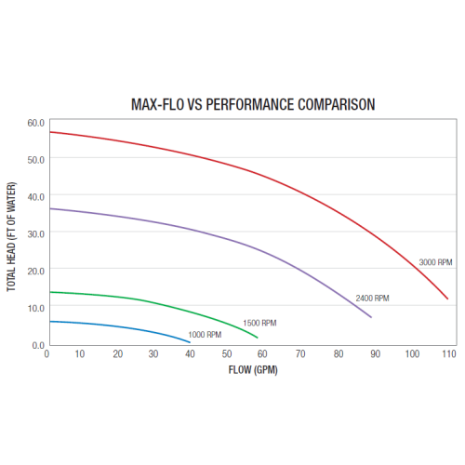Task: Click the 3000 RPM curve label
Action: (434, 261)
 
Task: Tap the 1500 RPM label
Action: (259, 323)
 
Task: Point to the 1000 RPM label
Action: (205, 335)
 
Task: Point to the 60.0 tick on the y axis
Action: (35, 122)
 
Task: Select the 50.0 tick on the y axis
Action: (35, 159)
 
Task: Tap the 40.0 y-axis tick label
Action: (35, 196)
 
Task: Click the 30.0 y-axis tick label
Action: (35, 233)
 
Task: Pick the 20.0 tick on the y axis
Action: (35, 271)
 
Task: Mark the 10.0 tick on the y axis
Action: (35, 308)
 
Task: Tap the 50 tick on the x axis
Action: (228, 354)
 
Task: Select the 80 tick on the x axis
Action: (337, 354)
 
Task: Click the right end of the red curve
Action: (447, 299)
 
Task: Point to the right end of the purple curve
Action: (371, 317)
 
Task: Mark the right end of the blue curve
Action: (190, 341)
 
